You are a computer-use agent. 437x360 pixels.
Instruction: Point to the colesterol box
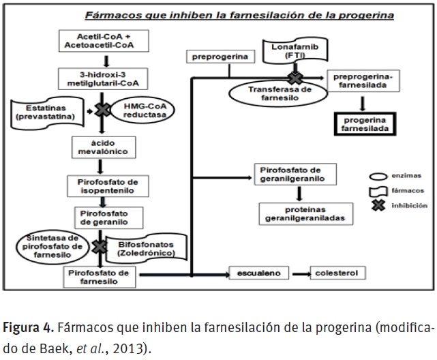coord(335,273)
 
